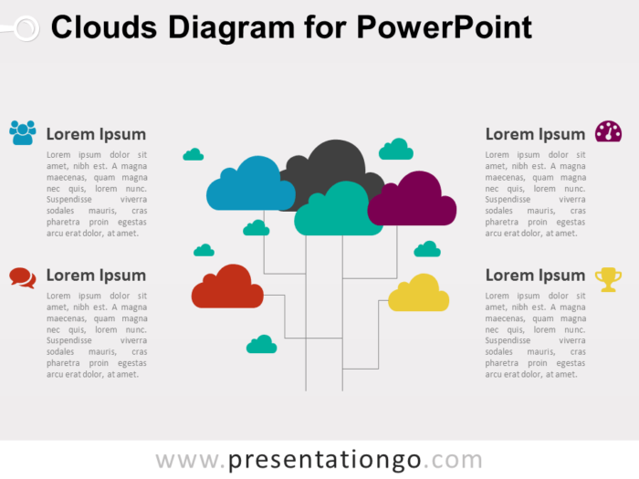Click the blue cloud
(x=248, y=187)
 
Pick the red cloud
(x=227, y=288)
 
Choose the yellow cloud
(x=419, y=295)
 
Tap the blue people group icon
(x=23, y=132)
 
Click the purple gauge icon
(x=608, y=132)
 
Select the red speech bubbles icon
(x=23, y=276)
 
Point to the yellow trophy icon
(x=608, y=278)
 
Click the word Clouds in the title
(x=102, y=28)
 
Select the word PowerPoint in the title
(x=444, y=28)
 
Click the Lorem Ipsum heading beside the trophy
(x=535, y=276)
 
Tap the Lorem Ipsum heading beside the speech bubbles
(x=96, y=276)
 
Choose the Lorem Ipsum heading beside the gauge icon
(x=535, y=134)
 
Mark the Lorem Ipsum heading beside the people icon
(x=96, y=134)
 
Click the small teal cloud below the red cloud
(x=262, y=345)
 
